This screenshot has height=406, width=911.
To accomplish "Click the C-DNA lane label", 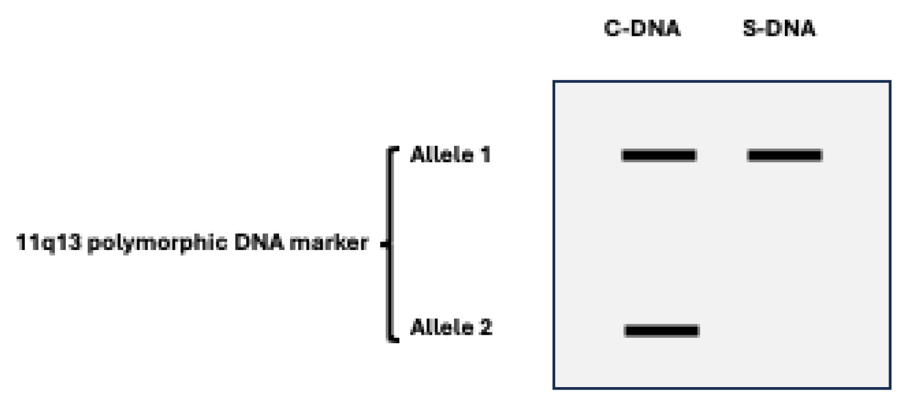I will coord(642,29).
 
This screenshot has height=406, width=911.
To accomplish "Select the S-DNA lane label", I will coord(779,29).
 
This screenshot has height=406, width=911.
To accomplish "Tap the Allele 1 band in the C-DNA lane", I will coord(659,155).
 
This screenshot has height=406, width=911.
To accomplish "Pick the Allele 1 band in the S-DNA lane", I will coord(785,155).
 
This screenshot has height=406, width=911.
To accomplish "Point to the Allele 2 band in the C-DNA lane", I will coord(662,330).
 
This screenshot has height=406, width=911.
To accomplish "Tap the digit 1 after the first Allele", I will coord(485,155).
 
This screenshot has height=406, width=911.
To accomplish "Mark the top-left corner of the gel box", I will coord(554,82).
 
